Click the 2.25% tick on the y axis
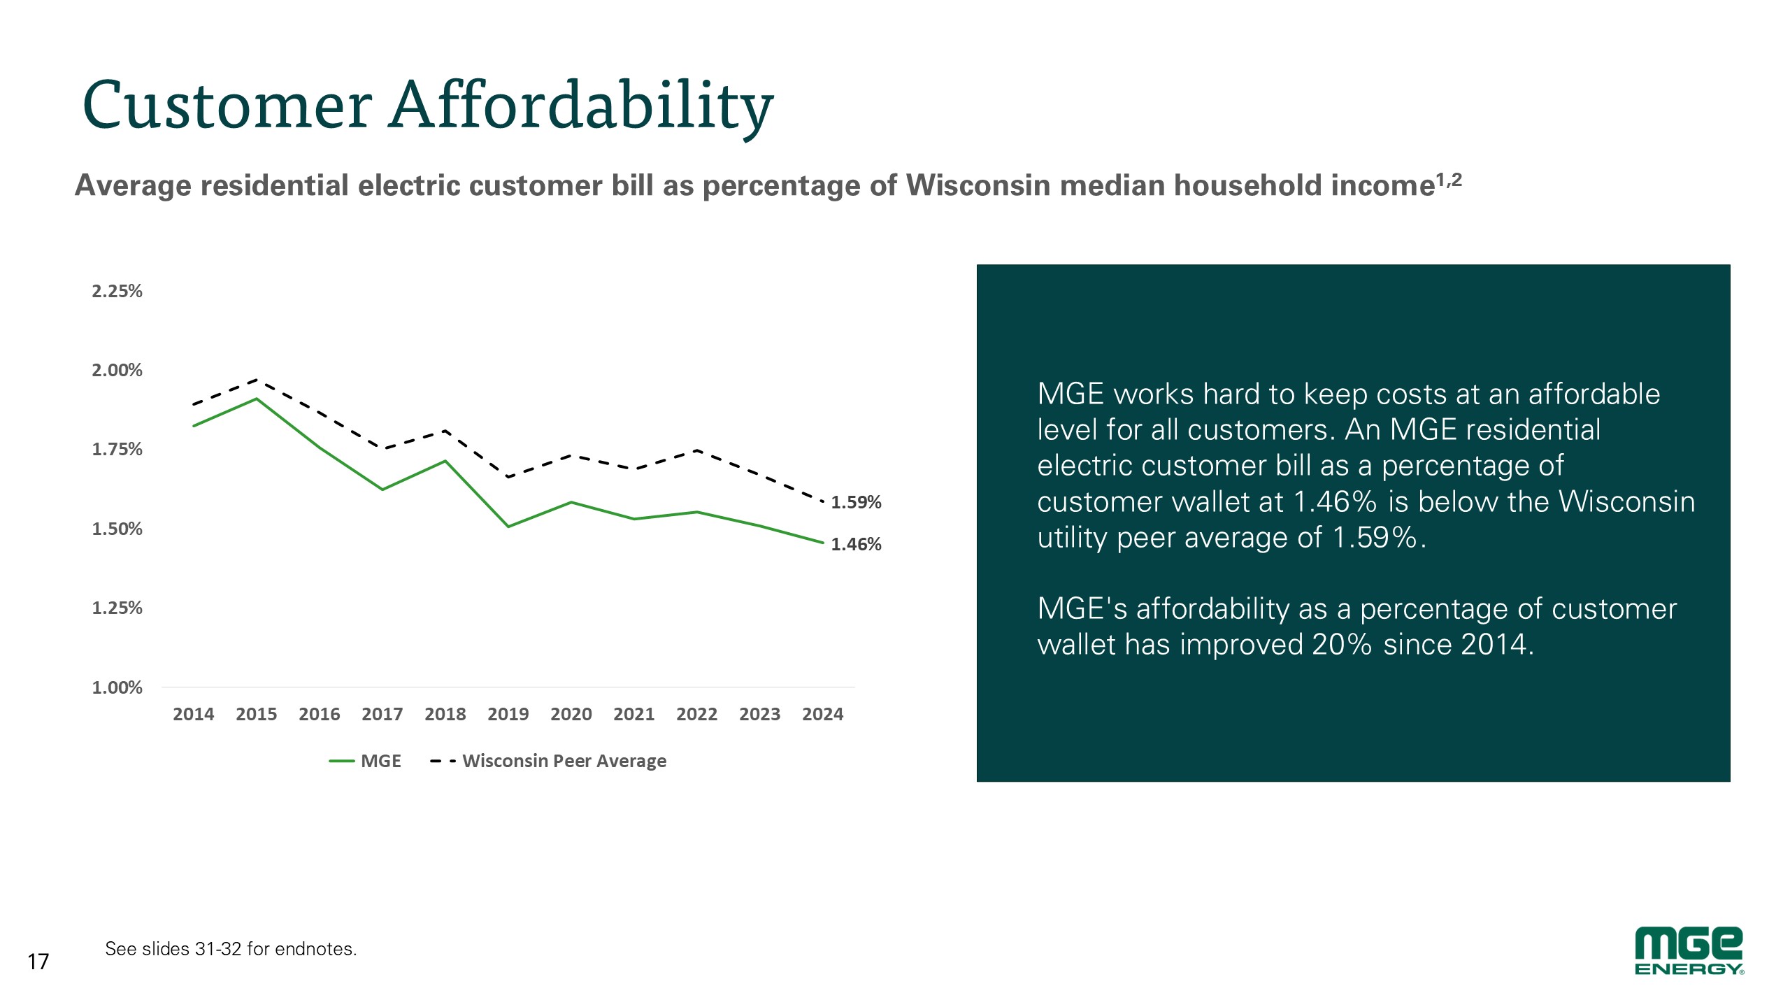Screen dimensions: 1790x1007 (x=117, y=291)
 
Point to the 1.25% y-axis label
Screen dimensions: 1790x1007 (x=117, y=608)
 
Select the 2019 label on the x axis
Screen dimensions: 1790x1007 (x=508, y=714)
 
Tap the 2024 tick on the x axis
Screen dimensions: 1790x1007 (x=823, y=714)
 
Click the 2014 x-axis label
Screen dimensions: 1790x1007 (x=194, y=714)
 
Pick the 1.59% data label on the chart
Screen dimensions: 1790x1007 (x=856, y=502)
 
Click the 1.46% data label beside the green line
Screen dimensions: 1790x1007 (x=856, y=544)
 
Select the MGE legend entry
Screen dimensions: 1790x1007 (x=365, y=761)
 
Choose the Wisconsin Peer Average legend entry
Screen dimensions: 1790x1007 (x=548, y=761)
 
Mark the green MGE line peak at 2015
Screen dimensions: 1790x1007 (x=257, y=399)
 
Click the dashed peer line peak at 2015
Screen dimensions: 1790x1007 (x=257, y=380)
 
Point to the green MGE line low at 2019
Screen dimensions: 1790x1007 (x=508, y=527)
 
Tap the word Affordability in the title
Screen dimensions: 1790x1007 (x=582, y=106)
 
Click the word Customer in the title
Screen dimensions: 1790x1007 (x=227, y=106)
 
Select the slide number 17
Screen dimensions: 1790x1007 (x=38, y=962)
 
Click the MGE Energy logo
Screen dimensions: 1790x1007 (x=1689, y=951)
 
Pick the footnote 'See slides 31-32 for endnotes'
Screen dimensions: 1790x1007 (x=231, y=949)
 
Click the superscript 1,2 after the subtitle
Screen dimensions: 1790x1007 (x=1449, y=180)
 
